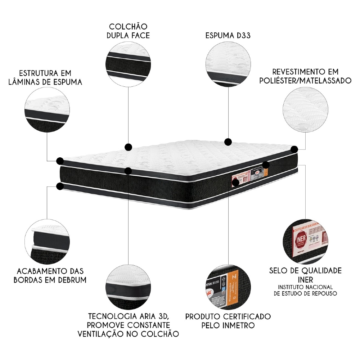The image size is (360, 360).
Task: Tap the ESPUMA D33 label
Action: (x=228, y=36)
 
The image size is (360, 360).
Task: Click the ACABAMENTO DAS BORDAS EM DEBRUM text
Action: (x=50, y=275)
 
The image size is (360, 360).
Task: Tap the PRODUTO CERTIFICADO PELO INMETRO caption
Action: (x=228, y=321)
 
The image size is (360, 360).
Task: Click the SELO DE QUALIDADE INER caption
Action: (x=305, y=275)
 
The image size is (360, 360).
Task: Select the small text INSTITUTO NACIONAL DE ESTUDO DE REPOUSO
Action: (x=305, y=290)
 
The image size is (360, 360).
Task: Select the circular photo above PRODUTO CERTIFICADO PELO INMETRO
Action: (x=228, y=286)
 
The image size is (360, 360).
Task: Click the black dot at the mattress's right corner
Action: (x=294, y=149)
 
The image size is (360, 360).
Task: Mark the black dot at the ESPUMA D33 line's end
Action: (x=228, y=141)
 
